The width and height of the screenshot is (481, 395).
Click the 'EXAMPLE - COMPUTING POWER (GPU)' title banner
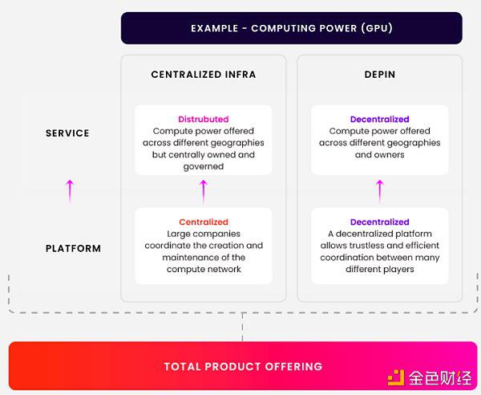point(291,28)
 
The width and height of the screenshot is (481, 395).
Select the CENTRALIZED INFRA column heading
point(204,75)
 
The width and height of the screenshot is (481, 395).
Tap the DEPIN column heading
point(379,75)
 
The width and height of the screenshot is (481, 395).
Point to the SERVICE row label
point(67,133)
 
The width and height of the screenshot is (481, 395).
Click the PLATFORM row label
point(73,248)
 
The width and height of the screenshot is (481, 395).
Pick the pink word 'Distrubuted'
point(204,120)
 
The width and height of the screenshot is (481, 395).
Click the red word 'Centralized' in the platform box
point(204,222)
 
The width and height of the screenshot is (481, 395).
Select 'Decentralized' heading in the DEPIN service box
point(379,120)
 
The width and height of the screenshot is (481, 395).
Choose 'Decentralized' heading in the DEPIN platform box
point(379,222)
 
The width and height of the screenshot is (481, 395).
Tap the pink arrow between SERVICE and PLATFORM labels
point(70,190)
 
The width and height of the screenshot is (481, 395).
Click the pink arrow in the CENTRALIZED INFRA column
point(204,190)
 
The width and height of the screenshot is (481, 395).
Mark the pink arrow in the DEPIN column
point(379,190)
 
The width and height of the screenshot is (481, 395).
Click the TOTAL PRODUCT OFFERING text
point(243,366)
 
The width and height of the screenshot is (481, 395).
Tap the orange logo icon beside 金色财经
point(396,377)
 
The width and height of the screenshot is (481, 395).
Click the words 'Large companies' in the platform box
point(204,234)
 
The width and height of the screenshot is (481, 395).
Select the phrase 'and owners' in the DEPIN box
point(379,155)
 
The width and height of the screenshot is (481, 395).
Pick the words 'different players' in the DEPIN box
point(379,270)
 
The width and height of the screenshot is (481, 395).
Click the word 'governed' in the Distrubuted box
point(204,167)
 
